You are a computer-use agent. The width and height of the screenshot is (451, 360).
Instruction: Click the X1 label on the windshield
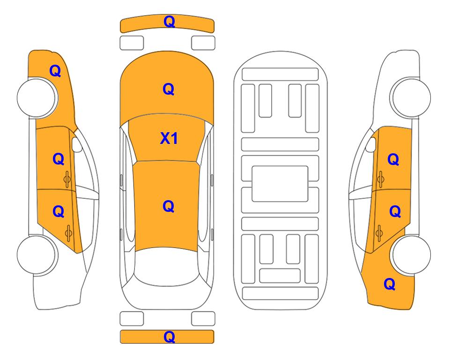tap(169, 138)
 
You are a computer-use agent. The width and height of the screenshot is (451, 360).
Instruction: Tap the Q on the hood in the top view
tap(169, 89)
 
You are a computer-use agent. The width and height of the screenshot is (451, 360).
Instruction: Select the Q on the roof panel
tap(169, 206)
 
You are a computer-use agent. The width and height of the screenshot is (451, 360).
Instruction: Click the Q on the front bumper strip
tap(169, 22)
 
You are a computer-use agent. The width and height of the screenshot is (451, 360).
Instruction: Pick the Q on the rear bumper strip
tap(169, 337)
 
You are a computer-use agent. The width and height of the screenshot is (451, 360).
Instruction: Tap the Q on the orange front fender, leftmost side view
tap(55, 71)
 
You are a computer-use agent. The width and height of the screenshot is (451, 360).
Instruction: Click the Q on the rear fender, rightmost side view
tap(390, 284)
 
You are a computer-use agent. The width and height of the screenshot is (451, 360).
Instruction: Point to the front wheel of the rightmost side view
tap(411, 97)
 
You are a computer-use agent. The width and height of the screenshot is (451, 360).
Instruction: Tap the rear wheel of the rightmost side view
tap(411, 255)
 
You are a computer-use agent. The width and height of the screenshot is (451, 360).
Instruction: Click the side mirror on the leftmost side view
tap(76, 144)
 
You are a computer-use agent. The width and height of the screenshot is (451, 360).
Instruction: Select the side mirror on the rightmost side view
tap(371, 144)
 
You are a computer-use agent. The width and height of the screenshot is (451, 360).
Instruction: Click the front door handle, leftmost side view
tap(67, 180)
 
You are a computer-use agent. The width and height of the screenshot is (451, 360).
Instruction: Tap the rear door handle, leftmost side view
tap(68, 233)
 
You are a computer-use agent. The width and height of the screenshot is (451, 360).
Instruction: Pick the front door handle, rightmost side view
tap(381, 180)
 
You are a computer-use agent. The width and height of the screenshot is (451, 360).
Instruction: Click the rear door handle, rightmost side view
tap(379, 233)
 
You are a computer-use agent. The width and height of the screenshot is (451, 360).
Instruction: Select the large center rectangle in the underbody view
tap(280, 184)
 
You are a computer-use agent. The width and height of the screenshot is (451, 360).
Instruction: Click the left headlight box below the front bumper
tap(132, 43)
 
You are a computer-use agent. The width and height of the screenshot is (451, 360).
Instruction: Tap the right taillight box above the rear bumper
tap(203, 319)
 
